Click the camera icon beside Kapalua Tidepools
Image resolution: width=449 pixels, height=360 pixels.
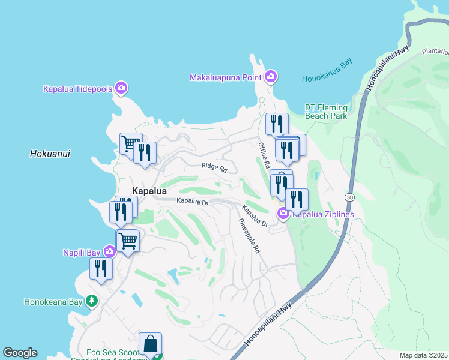[x=121, y=88]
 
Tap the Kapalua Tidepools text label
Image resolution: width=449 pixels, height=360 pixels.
[x=78, y=89]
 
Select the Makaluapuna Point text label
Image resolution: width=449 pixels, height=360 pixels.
[x=226, y=77]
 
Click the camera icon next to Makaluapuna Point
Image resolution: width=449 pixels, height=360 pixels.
[x=271, y=76]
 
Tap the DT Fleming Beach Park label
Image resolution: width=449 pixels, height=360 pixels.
[x=326, y=111]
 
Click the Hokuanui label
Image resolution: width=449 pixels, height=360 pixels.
[x=50, y=154]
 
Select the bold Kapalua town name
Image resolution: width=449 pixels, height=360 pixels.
[x=149, y=190]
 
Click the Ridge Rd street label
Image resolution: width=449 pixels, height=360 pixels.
[x=214, y=169]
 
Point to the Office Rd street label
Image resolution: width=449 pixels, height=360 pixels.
[x=264, y=155]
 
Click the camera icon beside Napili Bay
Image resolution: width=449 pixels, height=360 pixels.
[x=109, y=251]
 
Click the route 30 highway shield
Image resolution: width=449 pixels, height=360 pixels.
[x=349, y=197]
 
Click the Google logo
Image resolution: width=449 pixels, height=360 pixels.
[x=20, y=353]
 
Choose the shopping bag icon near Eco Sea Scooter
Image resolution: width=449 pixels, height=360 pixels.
[x=150, y=344]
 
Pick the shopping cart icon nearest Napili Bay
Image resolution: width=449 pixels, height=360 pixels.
[x=128, y=241]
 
